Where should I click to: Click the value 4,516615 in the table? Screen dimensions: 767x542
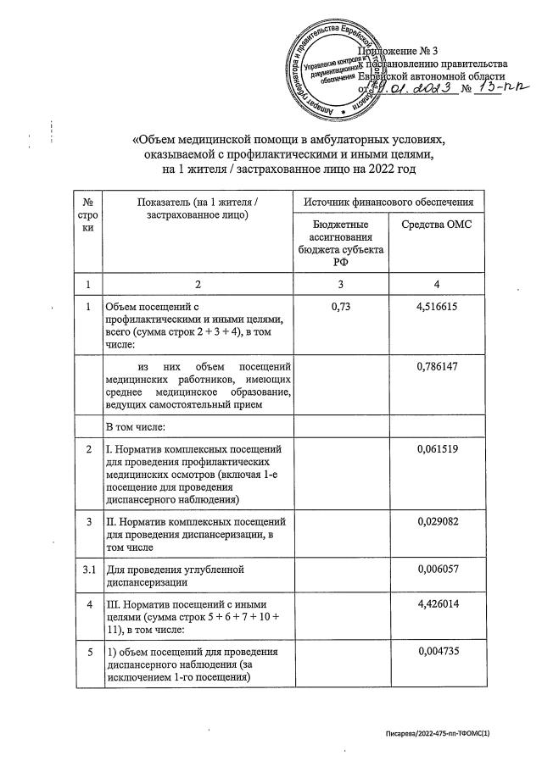pos(437,308)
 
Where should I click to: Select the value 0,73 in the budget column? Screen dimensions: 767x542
pos(339,308)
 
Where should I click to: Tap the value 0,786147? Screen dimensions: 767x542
pos(437,367)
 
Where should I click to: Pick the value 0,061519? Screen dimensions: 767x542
pos(437,448)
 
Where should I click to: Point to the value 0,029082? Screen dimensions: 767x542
pos(437,523)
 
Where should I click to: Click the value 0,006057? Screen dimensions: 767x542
pos(437,570)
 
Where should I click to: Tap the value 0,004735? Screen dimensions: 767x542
pos(437,652)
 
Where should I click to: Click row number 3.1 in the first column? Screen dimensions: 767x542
pos(88,570)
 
